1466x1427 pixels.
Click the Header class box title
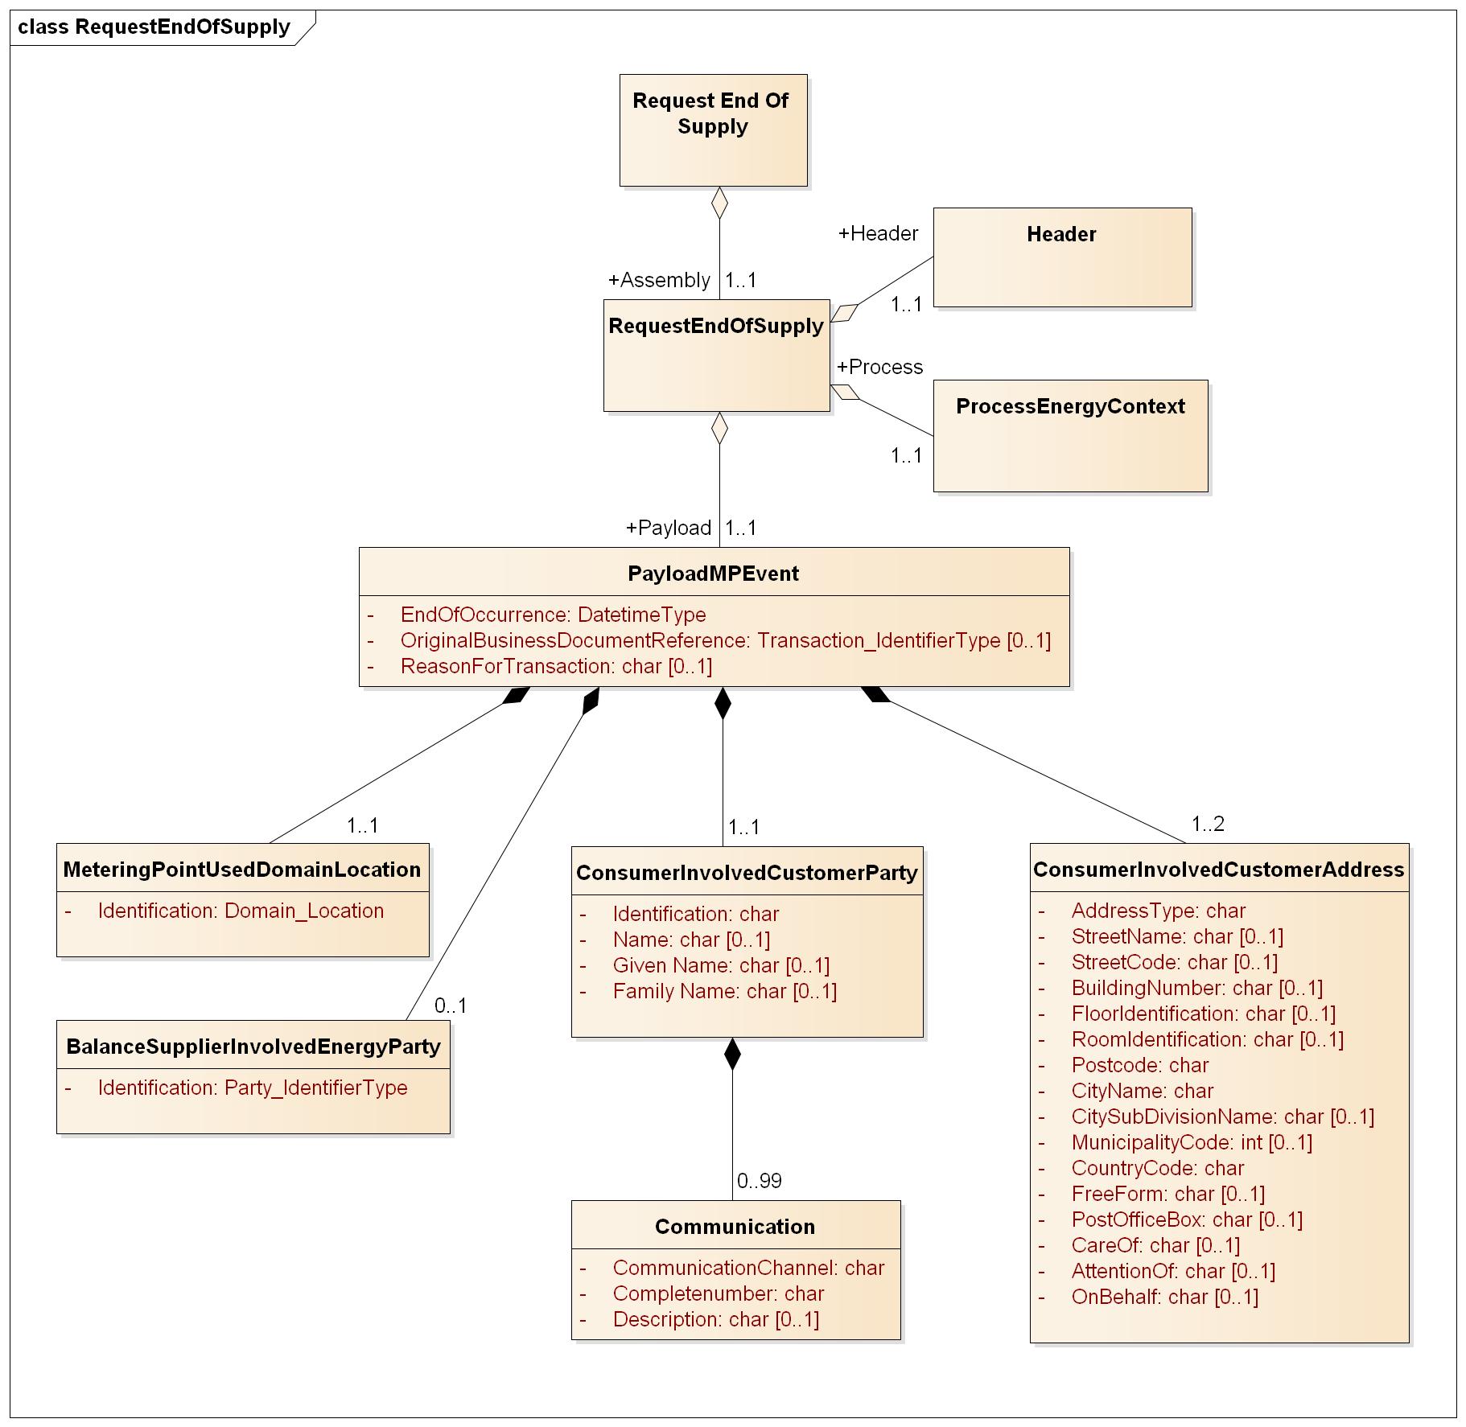point(1061,235)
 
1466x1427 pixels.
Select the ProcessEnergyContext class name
point(1070,407)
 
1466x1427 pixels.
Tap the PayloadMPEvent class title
point(713,574)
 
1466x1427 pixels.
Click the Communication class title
point(735,1227)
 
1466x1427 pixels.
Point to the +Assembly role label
point(659,281)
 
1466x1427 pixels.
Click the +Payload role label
point(669,528)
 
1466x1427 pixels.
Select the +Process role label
point(880,368)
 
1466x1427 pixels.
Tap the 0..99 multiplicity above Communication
point(759,1181)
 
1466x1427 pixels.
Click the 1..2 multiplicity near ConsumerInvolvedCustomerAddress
point(1208,824)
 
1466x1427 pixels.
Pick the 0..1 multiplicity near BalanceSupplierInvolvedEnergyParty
point(451,1005)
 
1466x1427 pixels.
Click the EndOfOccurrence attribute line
point(553,615)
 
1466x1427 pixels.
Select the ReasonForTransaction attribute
point(556,667)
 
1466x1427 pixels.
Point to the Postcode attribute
point(1139,1066)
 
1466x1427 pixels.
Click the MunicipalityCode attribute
point(1191,1143)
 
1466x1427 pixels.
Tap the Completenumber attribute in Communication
point(718,1294)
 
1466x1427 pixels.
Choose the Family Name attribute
point(724,992)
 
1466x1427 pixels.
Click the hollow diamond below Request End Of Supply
point(719,203)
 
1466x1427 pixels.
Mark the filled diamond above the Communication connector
point(732,1055)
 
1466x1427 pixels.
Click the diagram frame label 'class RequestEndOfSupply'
point(154,27)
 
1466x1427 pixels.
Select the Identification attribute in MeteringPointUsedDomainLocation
point(241,911)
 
